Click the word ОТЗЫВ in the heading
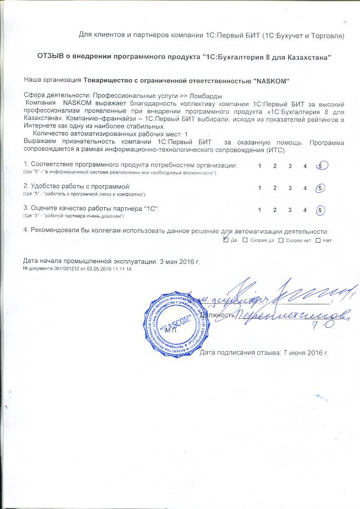(x=50, y=56)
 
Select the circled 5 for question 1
(x=321, y=166)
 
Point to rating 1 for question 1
(x=260, y=166)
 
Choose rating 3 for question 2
(x=290, y=188)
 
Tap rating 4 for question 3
(x=305, y=210)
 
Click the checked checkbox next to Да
(x=226, y=240)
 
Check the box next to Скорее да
(x=245, y=240)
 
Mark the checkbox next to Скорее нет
(x=281, y=240)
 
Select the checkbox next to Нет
(x=318, y=240)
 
